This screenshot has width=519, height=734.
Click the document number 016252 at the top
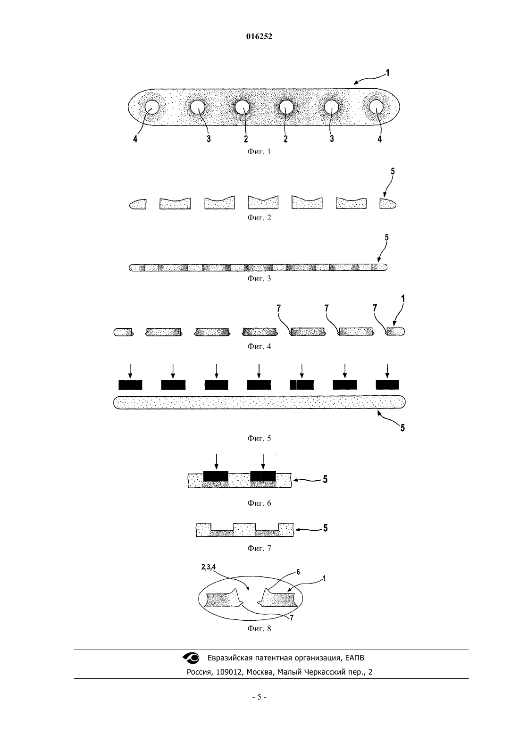[x=259, y=37]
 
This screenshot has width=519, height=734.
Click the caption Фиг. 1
[x=259, y=151]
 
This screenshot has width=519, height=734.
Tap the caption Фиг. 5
[x=259, y=438]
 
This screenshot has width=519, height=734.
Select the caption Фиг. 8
[x=259, y=628]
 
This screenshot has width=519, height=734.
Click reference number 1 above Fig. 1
[x=388, y=73]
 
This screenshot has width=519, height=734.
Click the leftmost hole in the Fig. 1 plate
[x=152, y=107]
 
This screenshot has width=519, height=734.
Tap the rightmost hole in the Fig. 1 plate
[x=376, y=107]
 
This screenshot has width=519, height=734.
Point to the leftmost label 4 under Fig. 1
[x=135, y=139]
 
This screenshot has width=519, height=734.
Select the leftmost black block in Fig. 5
[x=130, y=385]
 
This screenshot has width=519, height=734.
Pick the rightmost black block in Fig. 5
[x=387, y=385]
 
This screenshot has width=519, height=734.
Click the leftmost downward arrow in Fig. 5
[x=130, y=371]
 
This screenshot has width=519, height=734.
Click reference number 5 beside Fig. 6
[x=325, y=479]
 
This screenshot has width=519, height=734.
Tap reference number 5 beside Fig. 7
[x=326, y=528]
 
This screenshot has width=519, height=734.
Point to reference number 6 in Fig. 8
[x=298, y=572]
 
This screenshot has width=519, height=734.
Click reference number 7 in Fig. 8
[x=291, y=618]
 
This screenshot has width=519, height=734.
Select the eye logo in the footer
[x=191, y=657]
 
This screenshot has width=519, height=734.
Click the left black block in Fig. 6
[x=216, y=476]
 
